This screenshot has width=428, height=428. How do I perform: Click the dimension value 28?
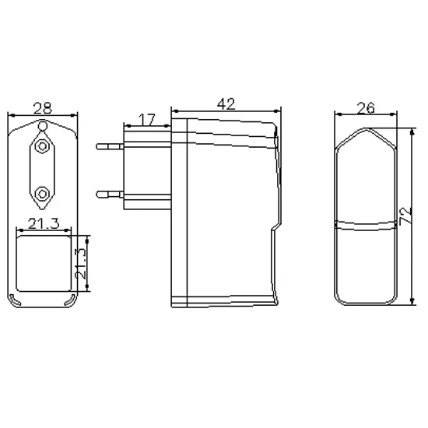tap(43, 107)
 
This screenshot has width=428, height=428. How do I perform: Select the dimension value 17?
tap(146, 121)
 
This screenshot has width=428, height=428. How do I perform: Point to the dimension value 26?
tap(368, 107)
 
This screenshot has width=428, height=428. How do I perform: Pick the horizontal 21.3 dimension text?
tap(44, 225)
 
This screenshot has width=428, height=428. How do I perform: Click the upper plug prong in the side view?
tap(110, 146)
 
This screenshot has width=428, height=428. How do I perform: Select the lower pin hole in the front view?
tap(43, 191)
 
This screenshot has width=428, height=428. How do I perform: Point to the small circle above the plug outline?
tap(43, 125)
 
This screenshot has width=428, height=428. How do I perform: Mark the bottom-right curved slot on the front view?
tap(72, 299)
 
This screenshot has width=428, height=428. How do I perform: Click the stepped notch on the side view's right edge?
tap(272, 226)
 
